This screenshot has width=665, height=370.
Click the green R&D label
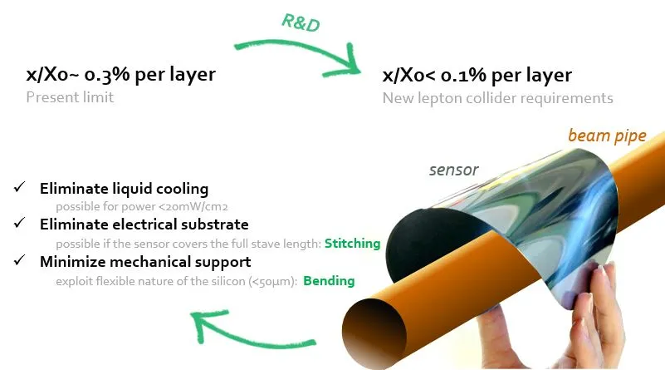301,22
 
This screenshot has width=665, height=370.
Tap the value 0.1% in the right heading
463,75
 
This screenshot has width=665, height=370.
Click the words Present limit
70,97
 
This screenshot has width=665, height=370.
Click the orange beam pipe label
607,136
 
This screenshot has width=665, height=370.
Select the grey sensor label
454,170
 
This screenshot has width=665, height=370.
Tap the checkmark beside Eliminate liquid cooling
19,187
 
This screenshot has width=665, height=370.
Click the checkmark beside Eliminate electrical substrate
19,223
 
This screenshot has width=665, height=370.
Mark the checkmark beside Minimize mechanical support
19,260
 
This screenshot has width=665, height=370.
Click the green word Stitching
353,244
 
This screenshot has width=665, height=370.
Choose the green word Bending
329,281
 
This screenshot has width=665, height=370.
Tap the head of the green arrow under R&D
349,63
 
